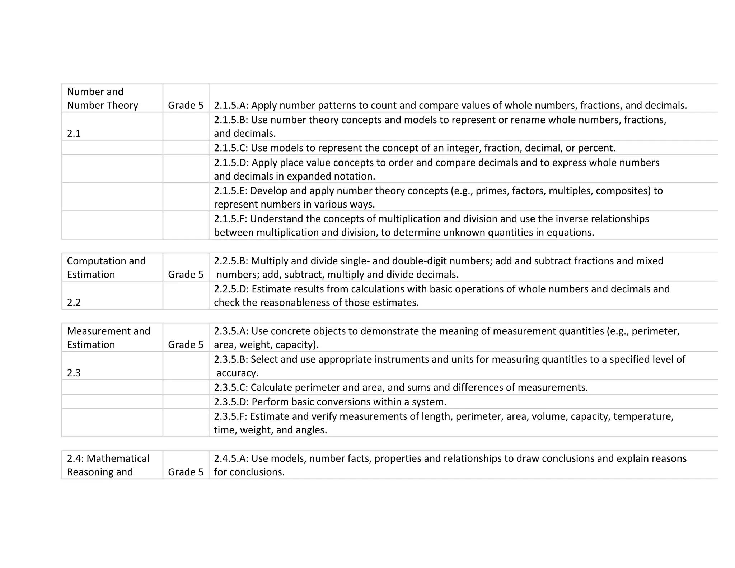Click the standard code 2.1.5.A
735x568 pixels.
pos(231,106)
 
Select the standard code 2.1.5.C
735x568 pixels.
pos(231,148)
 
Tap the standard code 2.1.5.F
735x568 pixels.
pos(230,219)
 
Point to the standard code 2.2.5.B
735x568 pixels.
pos(231,261)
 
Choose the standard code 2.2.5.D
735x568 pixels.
pos(231,289)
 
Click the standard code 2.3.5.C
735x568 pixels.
pos(231,387)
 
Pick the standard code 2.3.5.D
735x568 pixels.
pos(231,402)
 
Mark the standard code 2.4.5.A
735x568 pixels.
pos(231,458)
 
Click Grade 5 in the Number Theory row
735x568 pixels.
pos(186,106)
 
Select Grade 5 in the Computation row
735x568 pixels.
pos(186,275)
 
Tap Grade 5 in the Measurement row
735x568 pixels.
pos(186,345)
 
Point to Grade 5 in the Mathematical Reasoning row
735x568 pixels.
pos(186,472)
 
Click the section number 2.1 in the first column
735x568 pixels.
pos(74,134)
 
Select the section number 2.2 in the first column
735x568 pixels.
pos(74,303)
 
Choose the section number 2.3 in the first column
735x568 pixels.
pos(74,373)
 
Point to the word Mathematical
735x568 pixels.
pos(118,458)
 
